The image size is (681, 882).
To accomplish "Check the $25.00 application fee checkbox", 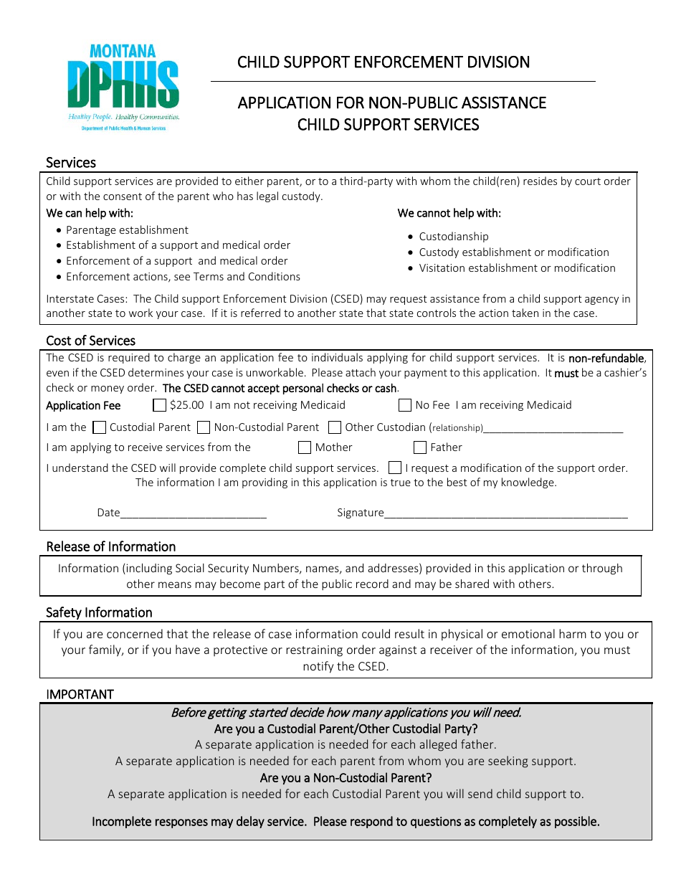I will [x=159, y=405].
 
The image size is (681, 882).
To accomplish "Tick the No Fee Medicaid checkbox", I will [x=404, y=405].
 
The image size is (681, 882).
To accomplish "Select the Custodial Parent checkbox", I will [x=99, y=427].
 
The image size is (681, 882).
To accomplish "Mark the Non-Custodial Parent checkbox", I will [x=203, y=427].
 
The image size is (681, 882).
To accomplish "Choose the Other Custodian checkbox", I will [x=334, y=427].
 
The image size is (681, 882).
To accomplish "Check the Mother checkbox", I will [x=304, y=447].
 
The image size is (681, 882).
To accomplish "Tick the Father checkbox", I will [x=420, y=447].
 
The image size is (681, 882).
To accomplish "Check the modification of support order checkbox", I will [x=394, y=468].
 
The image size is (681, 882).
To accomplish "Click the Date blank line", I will [x=194, y=513].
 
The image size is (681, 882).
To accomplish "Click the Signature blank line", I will [x=505, y=513].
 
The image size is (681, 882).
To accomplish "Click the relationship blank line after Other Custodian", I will [x=553, y=429].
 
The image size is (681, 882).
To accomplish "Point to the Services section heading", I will [x=71, y=163].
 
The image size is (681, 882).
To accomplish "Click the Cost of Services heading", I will [x=90, y=341].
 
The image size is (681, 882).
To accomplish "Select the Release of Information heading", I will [x=110, y=546].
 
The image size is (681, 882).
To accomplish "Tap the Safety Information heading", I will [x=99, y=612].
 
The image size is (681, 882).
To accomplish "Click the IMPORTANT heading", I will [x=80, y=694].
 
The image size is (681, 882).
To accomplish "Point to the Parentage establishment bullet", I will [x=127, y=230].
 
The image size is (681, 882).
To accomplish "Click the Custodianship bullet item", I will [x=453, y=237].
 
